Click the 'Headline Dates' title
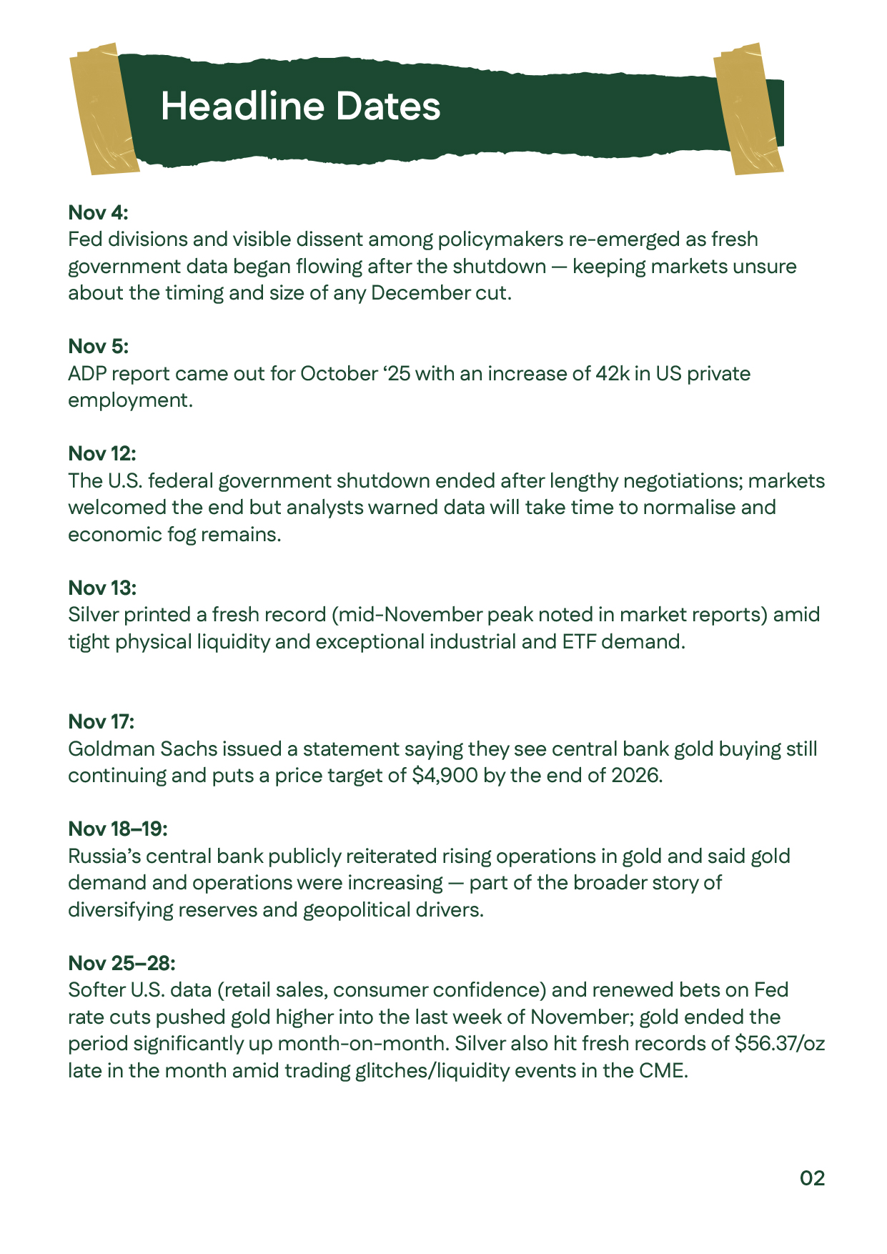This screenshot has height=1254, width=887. pyautogui.click(x=300, y=106)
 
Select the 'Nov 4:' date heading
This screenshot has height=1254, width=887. pyautogui.click(x=98, y=212)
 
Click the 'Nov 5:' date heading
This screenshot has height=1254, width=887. pyautogui.click(x=98, y=346)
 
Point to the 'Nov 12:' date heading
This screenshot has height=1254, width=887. pyautogui.click(x=101, y=453)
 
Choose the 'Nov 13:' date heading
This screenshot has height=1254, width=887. pyautogui.click(x=101, y=588)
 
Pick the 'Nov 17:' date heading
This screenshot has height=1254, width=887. pyautogui.click(x=101, y=721)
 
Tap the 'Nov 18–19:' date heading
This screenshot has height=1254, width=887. pyautogui.click(x=118, y=829)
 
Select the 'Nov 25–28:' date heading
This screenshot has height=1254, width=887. pyautogui.click(x=122, y=963)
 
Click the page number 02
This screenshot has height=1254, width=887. pyautogui.click(x=812, y=1178)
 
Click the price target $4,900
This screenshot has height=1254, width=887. pyautogui.click(x=445, y=776)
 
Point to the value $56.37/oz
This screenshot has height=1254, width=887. pyautogui.click(x=779, y=1044)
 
